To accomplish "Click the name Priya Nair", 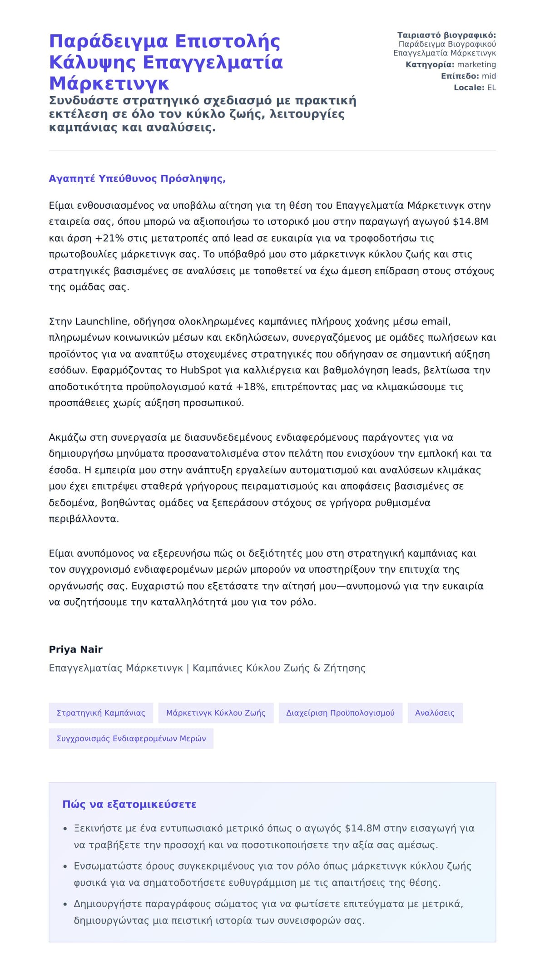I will click(x=75, y=649).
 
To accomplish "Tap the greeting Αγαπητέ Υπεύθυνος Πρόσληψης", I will click(x=137, y=179).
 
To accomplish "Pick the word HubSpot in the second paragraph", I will click(x=201, y=370).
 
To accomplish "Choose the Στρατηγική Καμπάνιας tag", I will click(x=101, y=713).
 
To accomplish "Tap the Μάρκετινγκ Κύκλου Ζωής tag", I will click(x=216, y=713).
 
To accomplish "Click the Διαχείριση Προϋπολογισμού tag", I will click(x=340, y=713).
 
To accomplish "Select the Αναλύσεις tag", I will click(x=435, y=713).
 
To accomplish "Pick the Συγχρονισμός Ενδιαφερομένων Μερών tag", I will click(x=131, y=738).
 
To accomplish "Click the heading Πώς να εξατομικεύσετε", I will click(x=129, y=805).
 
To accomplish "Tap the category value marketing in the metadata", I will click(x=476, y=65).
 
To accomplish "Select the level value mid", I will click(x=489, y=76).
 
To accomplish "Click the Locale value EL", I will click(x=491, y=88).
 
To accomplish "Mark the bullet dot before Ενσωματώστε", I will click(x=65, y=867).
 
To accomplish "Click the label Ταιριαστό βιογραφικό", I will click(x=446, y=35).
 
